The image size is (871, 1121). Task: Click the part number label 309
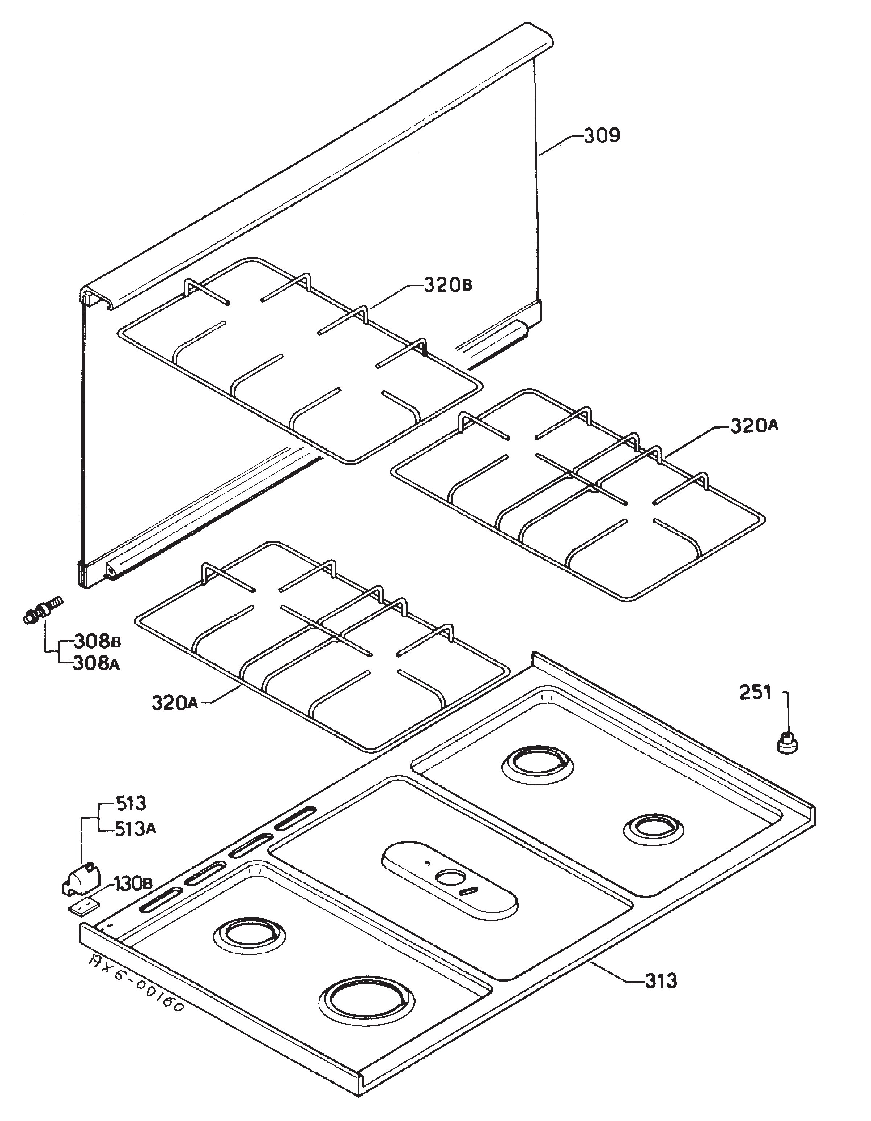coord(602,135)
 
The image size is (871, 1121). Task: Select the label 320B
coord(447,284)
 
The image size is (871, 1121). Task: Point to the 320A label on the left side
coord(175,702)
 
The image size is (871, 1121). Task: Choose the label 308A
coord(98,664)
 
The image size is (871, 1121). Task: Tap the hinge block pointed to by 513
coord(81,879)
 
